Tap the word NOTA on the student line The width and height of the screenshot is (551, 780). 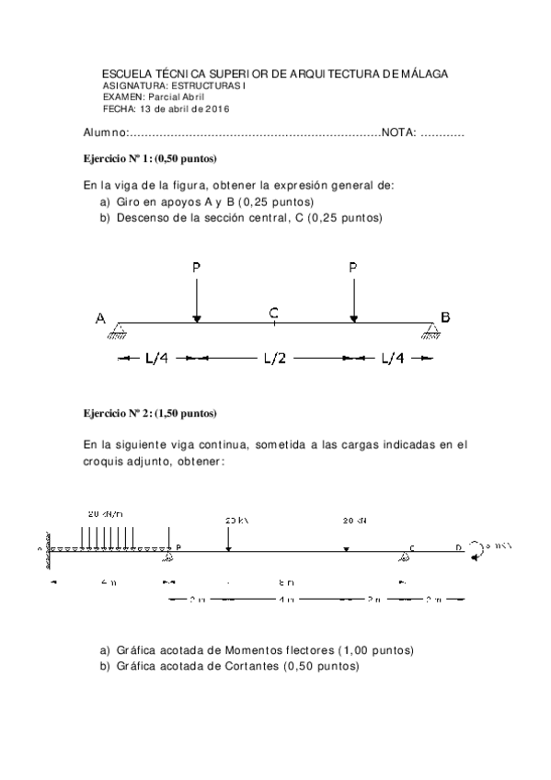point(398,133)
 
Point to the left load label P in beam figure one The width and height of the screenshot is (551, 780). point(196,268)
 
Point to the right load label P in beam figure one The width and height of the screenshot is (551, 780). point(353,268)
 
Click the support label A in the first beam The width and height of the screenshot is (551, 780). point(99,318)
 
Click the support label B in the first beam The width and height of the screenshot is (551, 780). point(445,318)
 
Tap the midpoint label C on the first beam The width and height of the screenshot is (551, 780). point(274,313)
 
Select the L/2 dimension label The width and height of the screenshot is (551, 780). point(274,359)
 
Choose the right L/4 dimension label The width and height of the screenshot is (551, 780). point(392,359)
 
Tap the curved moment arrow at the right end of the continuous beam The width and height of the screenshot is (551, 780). point(476,550)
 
